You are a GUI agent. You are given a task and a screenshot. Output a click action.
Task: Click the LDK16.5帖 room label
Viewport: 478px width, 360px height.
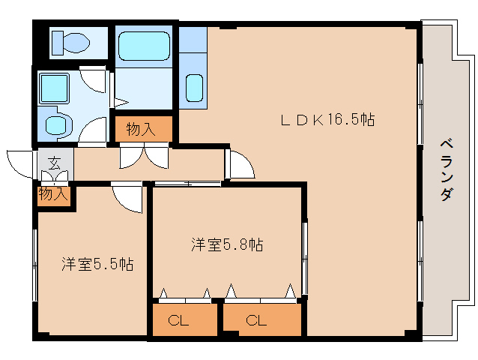point(327,119)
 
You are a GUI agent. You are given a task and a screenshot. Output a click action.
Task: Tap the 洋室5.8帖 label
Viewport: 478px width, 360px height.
point(228,244)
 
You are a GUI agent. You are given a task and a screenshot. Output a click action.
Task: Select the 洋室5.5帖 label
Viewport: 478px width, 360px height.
point(97,264)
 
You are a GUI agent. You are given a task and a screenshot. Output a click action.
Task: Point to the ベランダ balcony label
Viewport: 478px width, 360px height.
point(447,169)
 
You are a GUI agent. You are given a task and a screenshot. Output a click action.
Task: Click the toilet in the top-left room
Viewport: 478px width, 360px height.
point(70,42)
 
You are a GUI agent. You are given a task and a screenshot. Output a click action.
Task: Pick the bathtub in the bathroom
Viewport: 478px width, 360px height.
point(144,46)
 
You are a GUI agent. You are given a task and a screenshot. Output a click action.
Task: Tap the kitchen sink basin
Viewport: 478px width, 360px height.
point(194,88)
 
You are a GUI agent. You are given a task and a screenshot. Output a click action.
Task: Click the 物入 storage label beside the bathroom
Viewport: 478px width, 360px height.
point(141,129)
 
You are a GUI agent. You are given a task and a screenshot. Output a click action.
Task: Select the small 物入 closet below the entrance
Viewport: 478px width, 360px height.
point(53,193)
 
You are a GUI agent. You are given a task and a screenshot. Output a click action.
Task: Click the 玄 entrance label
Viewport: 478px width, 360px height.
point(55,163)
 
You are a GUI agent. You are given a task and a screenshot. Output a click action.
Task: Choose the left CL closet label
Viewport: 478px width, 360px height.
point(178,321)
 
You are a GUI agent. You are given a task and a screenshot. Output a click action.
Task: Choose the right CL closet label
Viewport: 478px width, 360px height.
point(256,321)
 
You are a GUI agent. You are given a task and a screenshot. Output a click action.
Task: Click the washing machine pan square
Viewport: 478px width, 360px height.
point(54,88)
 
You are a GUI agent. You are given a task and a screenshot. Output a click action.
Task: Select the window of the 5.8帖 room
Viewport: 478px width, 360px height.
point(304,259)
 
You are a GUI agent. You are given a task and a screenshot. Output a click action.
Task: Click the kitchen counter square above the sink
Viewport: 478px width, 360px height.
point(193,40)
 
